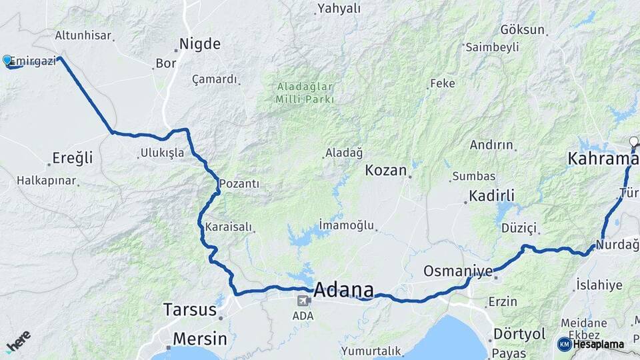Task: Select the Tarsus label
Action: coord(190,310)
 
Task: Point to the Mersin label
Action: coord(199,339)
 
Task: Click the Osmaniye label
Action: coord(458,271)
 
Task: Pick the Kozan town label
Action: coord(386,170)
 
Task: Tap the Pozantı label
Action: coord(239,183)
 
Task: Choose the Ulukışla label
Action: coord(162,153)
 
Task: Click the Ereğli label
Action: coord(73,159)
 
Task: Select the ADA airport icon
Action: coord(304,301)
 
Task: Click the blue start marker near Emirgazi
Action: coord(7,61)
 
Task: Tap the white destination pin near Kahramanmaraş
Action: coord(634,141)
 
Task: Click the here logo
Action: coord(19,341)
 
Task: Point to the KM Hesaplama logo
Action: coord(591,344)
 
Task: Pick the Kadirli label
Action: coord(492,196)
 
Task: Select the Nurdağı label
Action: coord(617,245)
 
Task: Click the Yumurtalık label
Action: coord(371,351)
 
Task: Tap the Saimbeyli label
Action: coord(492,47)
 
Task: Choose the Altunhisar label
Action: coord(83,35)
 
